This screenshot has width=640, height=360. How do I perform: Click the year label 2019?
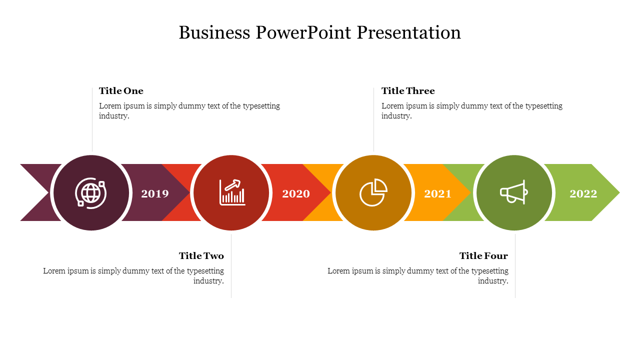155,193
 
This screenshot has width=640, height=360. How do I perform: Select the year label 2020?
296,193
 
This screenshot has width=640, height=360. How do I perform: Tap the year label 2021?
437,193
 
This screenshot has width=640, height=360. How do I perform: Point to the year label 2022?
583,193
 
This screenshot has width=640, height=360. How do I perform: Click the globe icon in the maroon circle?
91,192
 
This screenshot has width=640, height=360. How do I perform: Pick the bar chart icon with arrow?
232,192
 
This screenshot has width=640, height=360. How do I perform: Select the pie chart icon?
373,192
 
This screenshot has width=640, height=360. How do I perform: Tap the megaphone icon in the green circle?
513,192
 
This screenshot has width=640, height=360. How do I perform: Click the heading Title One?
121,91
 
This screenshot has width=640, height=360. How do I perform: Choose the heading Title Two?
201,255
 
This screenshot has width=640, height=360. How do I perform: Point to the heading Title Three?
408,91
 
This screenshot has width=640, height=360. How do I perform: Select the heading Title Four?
483,255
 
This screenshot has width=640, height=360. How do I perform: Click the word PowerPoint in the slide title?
303,32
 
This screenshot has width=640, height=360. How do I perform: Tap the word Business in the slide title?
214,32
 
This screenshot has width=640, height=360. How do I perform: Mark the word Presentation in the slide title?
409,32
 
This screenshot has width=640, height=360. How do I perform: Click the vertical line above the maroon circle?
92,119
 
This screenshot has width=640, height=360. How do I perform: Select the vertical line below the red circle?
231,266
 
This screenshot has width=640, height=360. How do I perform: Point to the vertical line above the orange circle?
373,119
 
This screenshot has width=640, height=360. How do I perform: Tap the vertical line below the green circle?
515,266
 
